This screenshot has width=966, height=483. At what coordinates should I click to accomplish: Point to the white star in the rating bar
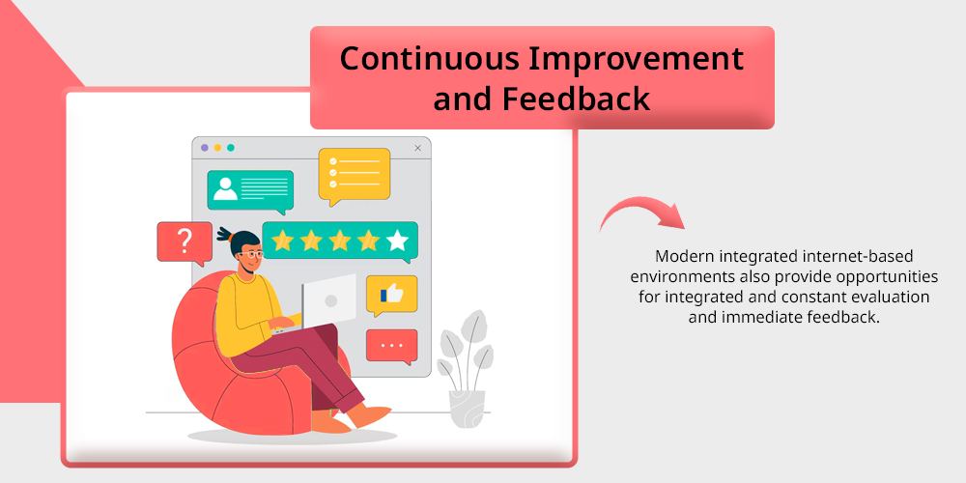(397, 241)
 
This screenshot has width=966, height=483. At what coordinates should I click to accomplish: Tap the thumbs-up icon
(391, 295)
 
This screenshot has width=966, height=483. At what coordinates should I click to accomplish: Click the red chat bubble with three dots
(392, 346)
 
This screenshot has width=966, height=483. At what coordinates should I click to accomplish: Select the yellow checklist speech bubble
(355, 176)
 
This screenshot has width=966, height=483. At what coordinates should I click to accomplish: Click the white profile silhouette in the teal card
(225, 189)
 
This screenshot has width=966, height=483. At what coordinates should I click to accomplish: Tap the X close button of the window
(418, 148)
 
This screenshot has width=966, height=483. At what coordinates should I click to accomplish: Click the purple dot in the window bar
(205, 148)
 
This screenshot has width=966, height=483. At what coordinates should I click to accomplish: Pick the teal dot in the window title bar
(231, 148)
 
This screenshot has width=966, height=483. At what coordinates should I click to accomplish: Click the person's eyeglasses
(251, 253)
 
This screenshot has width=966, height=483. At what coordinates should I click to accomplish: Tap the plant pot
(467, 409)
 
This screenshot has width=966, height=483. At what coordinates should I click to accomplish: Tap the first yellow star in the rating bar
(282, 241)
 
